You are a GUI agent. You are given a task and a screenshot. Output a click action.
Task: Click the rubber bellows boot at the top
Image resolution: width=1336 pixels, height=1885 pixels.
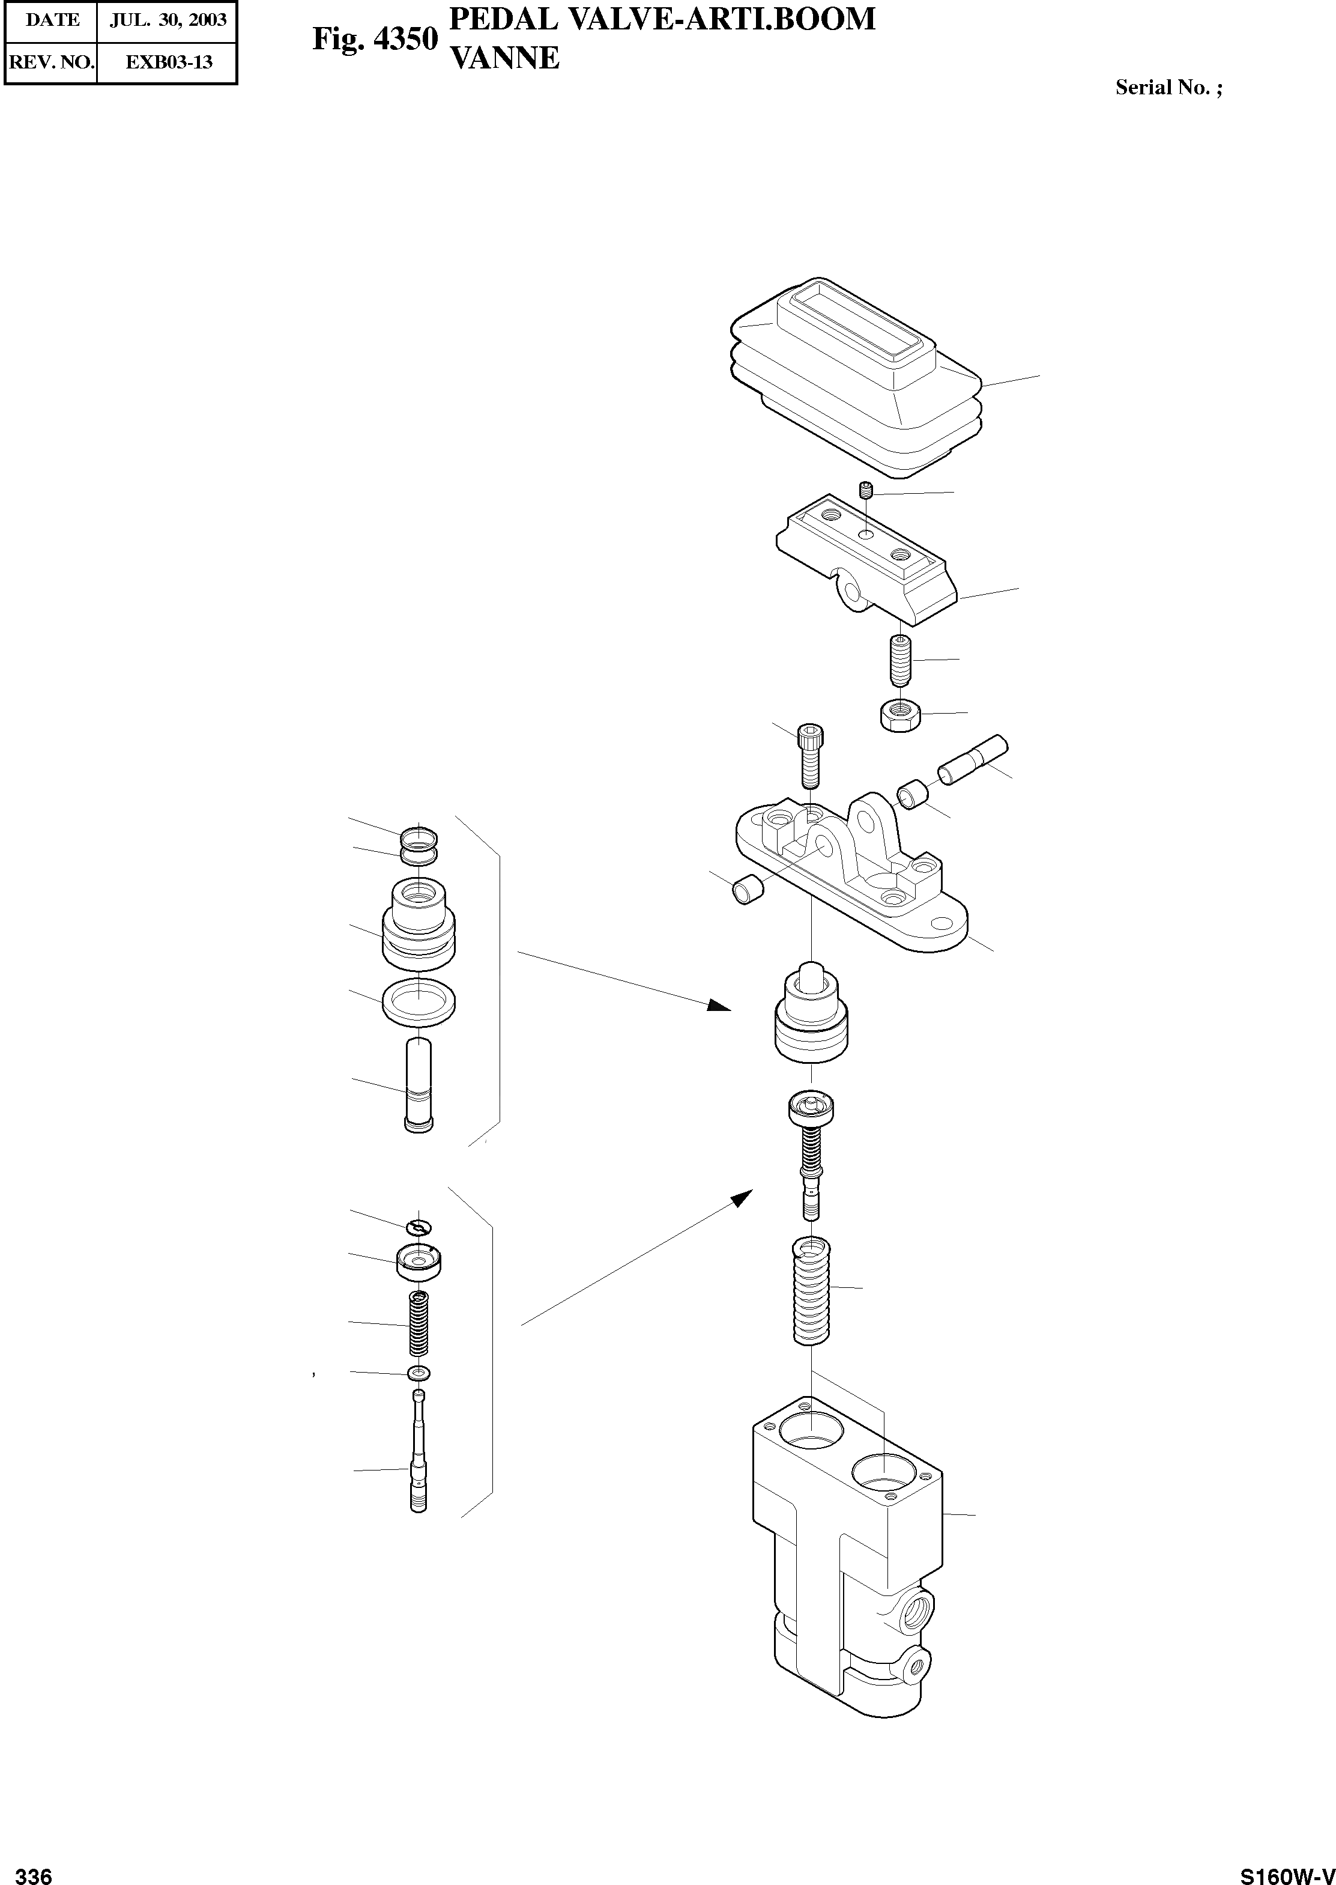click(856, 378)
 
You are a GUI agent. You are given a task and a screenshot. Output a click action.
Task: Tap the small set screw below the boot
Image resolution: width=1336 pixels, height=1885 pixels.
click(865, 493)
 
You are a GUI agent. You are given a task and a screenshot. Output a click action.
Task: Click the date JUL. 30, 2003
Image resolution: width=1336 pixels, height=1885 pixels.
click(169, 20)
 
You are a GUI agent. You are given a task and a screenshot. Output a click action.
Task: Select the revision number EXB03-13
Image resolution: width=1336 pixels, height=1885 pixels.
click(169, 62)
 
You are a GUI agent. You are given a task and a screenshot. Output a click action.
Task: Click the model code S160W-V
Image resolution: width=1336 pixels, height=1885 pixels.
click(1287, 1870)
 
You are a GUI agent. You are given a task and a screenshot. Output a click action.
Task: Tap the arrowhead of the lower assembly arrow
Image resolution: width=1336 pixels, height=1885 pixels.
click(743, 1198)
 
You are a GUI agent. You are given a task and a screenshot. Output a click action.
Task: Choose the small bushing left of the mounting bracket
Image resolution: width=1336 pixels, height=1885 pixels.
click(747, 891)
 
